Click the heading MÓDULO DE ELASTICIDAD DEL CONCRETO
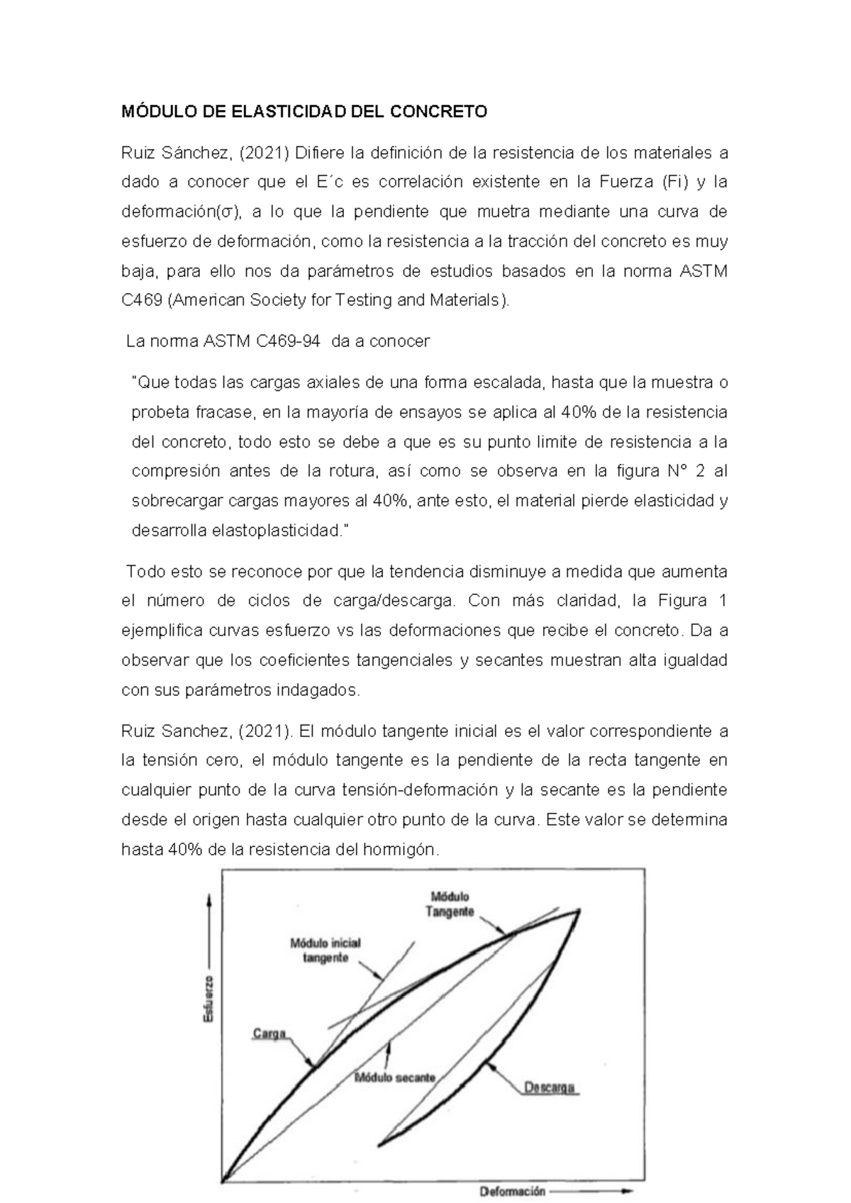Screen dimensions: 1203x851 click(x=305, y=112)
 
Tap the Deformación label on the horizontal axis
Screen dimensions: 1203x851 click(x=512, y=1192)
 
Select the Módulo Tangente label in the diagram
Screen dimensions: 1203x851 click(x=450, y=905)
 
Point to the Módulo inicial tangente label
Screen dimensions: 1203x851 click(x=326, y=950)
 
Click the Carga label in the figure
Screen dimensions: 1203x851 click(x=269, y=1033)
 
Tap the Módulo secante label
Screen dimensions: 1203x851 click(x=395, y=1077)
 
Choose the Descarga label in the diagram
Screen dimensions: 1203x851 click(x=550, y=1087)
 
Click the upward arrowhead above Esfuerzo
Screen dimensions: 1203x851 click(x=208, y=899)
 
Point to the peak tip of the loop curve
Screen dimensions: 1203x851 click(x=580, y=910)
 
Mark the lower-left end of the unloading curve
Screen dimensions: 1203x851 click(x=379, y=1144)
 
